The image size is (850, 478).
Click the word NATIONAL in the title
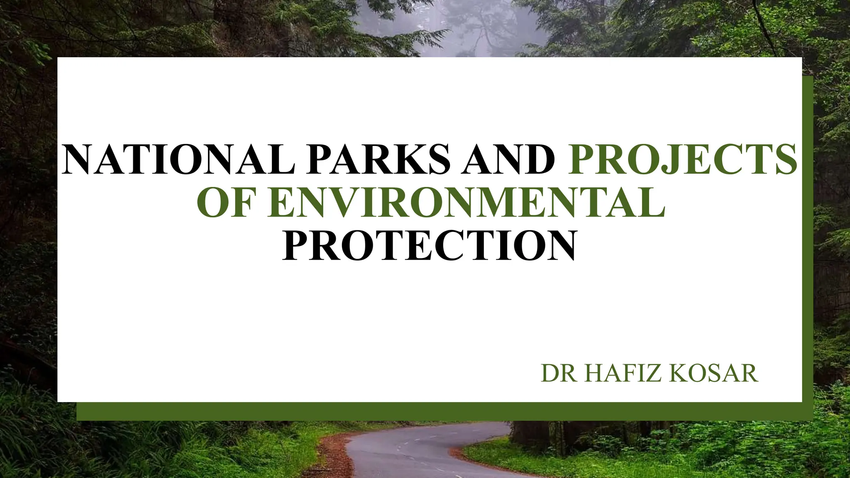tap(178, 160)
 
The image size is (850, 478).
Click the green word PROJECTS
tap(682, 160)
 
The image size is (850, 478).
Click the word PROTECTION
tap(430, 246)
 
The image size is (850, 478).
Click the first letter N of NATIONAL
tap(79, 160)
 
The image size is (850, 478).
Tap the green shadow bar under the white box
tap(415, 411)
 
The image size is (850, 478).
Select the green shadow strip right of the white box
tap(807, 249)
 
